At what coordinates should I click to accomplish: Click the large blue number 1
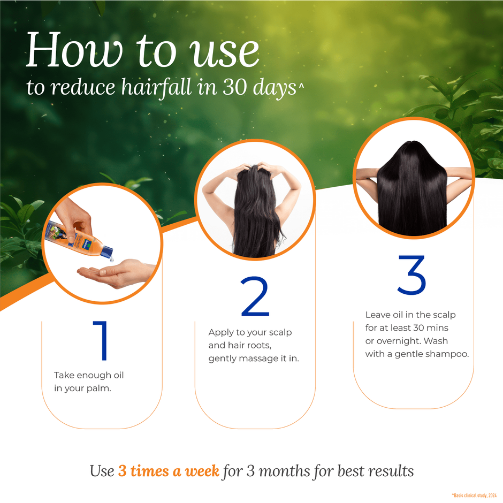(x=102, y=341)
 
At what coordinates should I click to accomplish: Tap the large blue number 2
(x=255, y=297)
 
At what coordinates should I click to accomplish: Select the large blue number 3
(x=411, y=275)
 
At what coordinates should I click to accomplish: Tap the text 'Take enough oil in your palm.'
(x=88, y=382)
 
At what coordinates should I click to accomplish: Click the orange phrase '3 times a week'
(x=169, y=471)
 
